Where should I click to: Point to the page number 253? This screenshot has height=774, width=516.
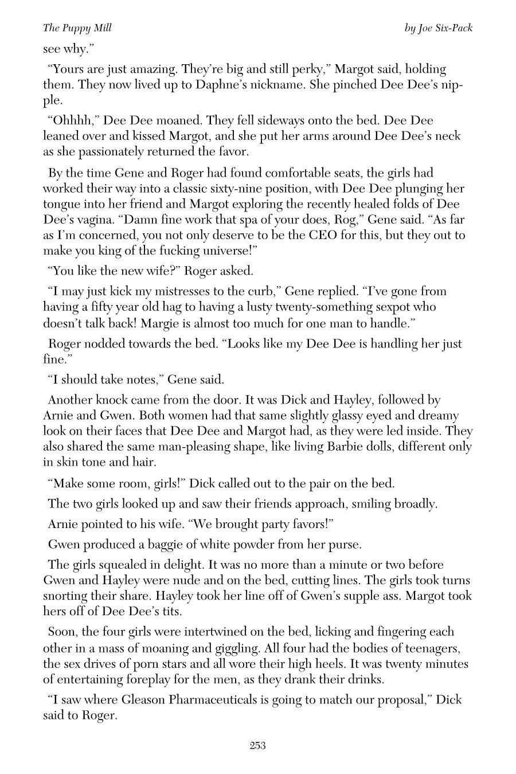pos(257,745)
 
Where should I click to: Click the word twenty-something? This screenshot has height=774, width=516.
pos(306,307)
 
